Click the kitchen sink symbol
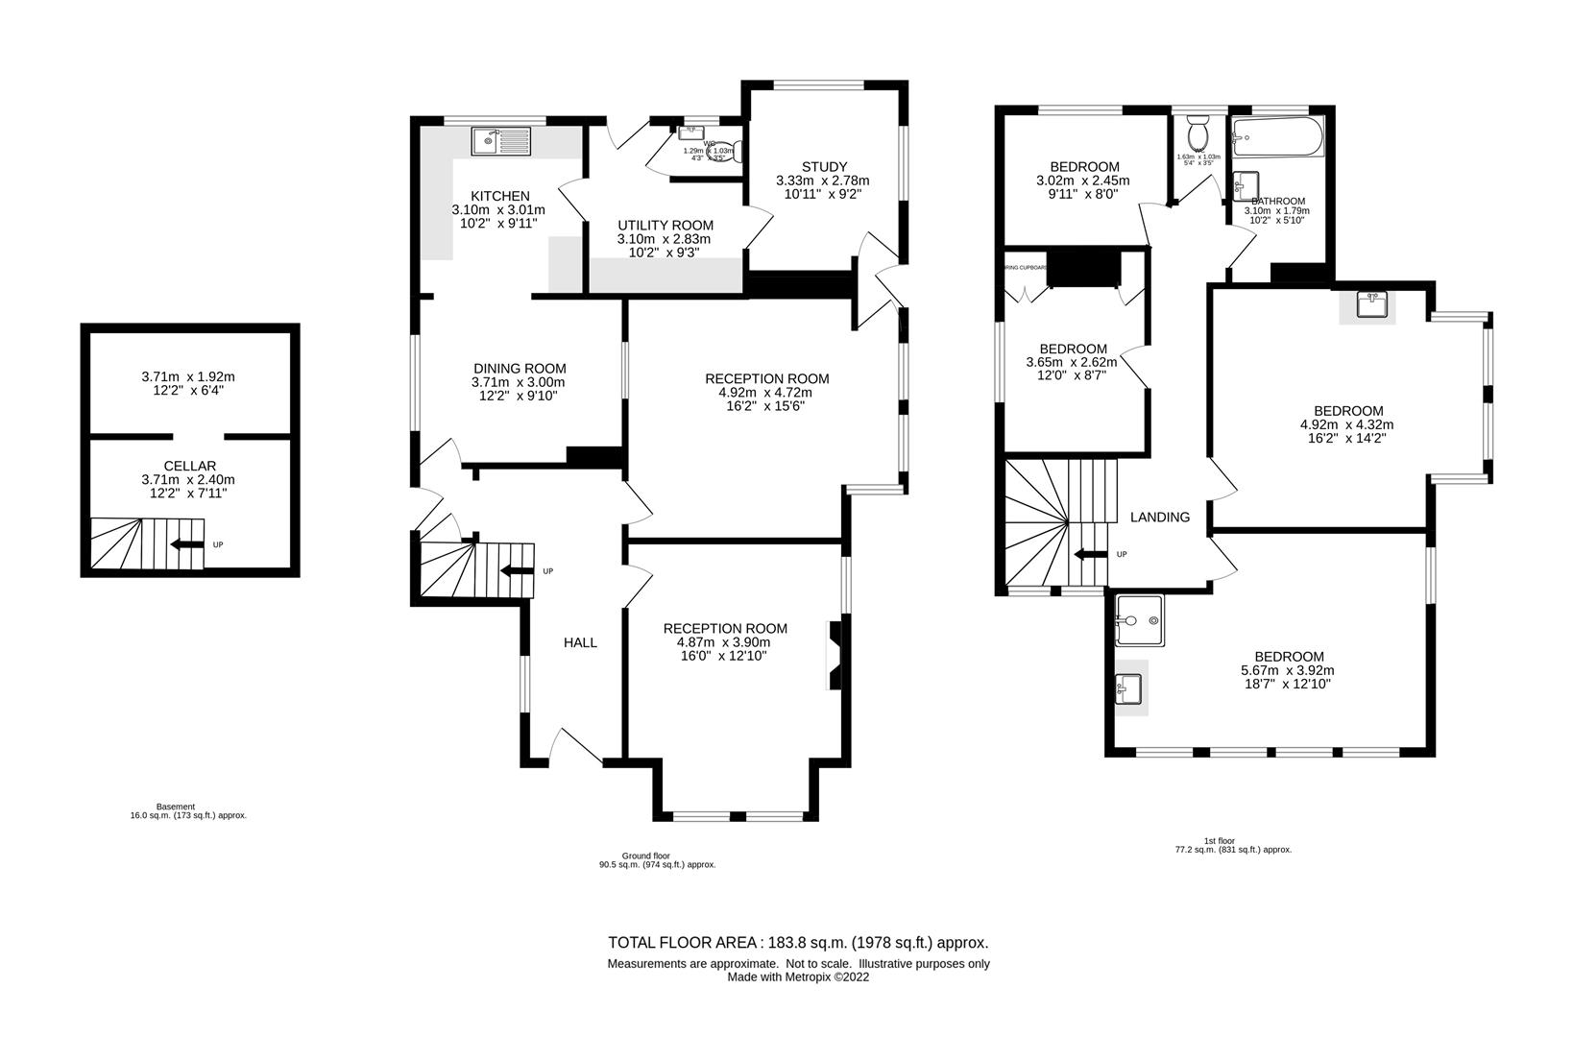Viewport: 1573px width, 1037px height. (x=500, y=142)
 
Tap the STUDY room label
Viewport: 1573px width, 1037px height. (x=824, y=167)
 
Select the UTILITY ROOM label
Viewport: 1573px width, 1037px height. (x=665, y=226)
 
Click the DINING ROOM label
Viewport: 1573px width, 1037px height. (x=520, y=369)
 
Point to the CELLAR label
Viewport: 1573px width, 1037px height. (x=188, y=466)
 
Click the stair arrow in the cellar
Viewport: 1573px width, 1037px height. (x=186, y=544)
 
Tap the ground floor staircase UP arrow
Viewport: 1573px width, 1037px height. (x=518, y=571)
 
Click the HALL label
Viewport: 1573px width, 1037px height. (x=580, y=642)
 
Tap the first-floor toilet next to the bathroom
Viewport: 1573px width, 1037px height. (x=1198, y=129)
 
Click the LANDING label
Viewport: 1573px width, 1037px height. (x=1159, y=517)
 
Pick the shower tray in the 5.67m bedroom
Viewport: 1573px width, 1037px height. (x=1140, y=620)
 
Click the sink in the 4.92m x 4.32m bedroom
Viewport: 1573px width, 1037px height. (x=1370, y=305)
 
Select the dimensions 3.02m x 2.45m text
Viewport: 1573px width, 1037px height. (x=1082, y=181)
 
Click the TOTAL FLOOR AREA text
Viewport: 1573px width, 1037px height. (x=798, y=943)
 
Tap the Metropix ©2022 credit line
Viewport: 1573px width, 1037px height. (x=798, y=977)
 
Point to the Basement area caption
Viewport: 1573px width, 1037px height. (x=188, y=811)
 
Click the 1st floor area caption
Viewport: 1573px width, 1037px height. (x=1233, y=845)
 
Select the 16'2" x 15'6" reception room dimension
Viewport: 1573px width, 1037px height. (x=765, y=406)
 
